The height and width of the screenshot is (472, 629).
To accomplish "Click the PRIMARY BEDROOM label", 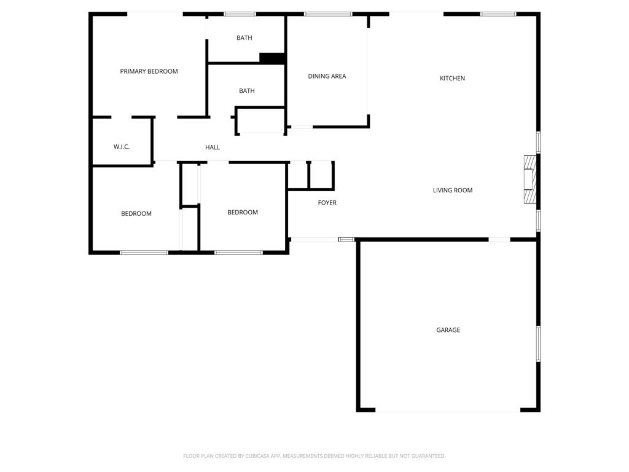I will pos(149,71).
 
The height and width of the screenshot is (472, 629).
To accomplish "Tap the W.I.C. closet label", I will pos(122,147).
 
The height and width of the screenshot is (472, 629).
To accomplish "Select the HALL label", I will pos(213,147).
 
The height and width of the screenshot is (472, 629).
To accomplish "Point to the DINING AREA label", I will pos(327,76).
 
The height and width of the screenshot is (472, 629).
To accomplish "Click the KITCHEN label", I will pos(452,78).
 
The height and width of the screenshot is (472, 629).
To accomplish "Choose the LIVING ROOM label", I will pos(453,191).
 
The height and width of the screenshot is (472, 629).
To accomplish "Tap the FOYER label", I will pos(327,203).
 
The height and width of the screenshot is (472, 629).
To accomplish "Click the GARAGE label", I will pos(448,330).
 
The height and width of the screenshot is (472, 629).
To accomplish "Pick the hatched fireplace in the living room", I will pos(529,179).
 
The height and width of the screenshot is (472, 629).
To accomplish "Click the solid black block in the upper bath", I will pos(272,58).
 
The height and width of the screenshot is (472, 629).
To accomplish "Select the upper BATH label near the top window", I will pos(244,38).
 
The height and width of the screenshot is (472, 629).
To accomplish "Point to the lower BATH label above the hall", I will pos(247,91).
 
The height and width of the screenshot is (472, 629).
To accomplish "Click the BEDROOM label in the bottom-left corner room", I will pos(136,214).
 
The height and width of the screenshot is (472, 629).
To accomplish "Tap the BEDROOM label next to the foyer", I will pos(243,213).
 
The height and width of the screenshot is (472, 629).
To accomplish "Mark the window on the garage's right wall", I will pos(539,344).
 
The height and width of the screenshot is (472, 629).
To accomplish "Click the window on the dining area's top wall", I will pos(328,14).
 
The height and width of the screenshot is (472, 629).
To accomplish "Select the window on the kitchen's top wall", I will pos(498,14).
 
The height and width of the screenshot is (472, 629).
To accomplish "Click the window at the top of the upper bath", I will pos(240,14).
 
